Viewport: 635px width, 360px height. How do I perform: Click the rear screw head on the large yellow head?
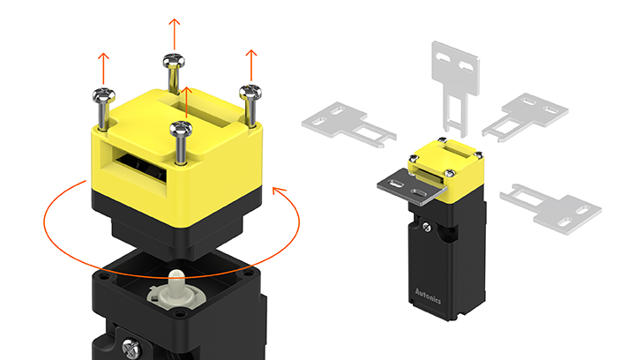pyautogui.click(x=174, y=61)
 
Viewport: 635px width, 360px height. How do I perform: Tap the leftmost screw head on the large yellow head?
pyautogui.click(x=104, y=96)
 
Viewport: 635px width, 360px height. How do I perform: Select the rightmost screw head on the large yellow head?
pyautogui.click(x=250, y=93)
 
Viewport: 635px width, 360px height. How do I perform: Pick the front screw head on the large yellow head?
pyautogui.click(x=181, y=129)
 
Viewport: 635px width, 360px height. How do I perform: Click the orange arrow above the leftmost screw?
pyautogui.click(x=104, y=69)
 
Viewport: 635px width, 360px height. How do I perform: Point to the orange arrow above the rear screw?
pyautogui.click(x=175, y=34)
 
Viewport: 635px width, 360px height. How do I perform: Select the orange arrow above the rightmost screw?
pyautogui.click(x=251, y=65)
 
